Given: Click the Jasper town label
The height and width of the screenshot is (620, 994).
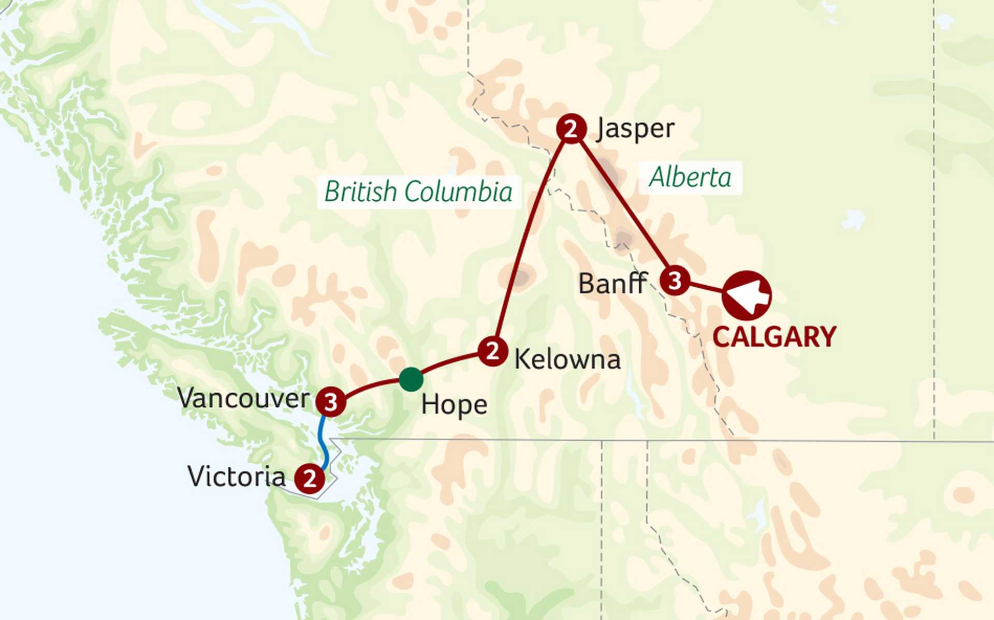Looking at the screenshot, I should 635,129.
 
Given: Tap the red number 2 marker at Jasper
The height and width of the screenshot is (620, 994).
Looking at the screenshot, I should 571,128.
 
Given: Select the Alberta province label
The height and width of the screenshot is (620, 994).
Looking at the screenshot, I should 690,178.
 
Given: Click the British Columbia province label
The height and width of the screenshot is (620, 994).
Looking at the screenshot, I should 418,192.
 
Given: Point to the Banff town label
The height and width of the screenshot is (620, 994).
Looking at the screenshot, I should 612,284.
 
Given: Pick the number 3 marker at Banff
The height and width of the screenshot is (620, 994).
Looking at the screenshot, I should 675,281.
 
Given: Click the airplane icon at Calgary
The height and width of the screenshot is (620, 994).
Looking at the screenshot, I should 747,295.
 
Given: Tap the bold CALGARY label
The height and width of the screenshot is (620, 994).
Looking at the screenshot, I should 774,337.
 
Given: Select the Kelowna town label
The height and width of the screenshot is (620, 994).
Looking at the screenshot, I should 567,359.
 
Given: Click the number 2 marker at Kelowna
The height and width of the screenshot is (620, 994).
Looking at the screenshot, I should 492,351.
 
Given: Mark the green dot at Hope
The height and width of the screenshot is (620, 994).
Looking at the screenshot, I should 411,379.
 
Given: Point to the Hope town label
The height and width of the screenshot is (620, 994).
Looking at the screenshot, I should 454,405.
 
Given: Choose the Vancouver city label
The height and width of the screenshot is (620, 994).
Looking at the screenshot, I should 243,398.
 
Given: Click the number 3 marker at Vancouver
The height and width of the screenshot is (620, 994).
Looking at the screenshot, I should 331,402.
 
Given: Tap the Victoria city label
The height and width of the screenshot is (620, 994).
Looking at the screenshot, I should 236,477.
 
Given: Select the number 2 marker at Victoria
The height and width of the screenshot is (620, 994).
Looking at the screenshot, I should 310,478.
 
